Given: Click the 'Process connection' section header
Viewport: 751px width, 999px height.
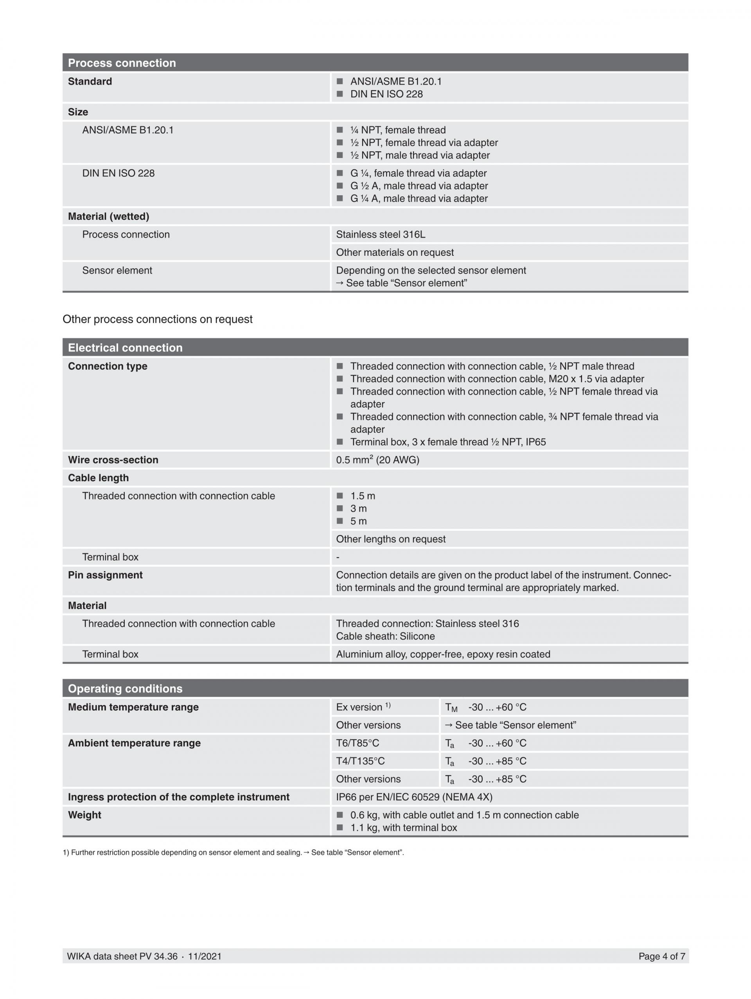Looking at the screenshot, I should point(122,63).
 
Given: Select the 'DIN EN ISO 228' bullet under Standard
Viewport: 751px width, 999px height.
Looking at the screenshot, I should point(386,94).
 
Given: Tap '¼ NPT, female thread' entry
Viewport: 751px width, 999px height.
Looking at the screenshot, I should point(397,130).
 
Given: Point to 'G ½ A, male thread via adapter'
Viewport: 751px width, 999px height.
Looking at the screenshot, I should point(419,186).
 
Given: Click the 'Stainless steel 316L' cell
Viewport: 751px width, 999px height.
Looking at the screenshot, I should point(380,234).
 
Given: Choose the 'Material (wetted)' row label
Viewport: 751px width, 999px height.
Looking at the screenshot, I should point(108,216).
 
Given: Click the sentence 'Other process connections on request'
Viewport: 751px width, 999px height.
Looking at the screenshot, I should point(157,319).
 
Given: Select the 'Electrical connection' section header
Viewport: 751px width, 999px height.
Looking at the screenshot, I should point(125,348).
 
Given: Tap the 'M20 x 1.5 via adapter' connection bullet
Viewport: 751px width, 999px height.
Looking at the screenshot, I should point(497,379).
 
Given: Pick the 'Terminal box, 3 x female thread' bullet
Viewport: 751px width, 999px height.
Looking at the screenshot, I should point(447,442).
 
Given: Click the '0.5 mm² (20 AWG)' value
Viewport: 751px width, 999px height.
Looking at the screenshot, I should point(377,460).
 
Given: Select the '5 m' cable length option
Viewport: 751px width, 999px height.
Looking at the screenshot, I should point(358,521).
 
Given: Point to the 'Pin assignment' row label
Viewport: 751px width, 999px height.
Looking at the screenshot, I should point(105,575).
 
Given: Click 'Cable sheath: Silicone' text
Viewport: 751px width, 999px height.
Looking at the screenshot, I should point(385,636).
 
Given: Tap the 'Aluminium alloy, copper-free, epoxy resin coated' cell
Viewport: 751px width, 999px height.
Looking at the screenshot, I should point(442,654).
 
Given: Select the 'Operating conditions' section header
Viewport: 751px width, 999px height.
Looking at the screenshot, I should point(125,689).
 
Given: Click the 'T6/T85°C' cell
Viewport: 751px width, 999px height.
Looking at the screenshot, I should point(357,743).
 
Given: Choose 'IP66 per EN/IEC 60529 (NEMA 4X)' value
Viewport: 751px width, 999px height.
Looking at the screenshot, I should point(414,797).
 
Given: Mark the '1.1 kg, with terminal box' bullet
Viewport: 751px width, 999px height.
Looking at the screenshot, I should point(403,828).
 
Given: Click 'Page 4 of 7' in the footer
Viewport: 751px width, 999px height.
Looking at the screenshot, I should point(661,956).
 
